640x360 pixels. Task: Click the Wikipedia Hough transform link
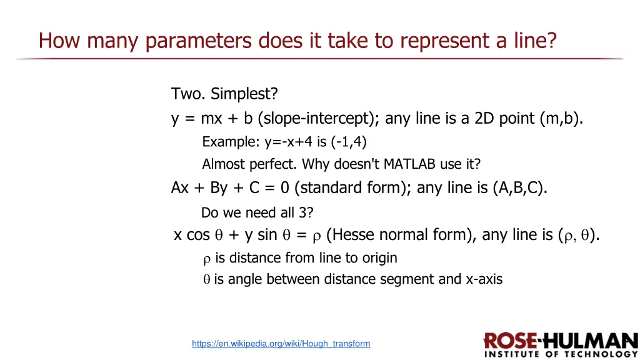coord(281,344)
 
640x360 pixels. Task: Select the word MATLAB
coord(414,164)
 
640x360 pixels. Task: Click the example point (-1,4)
coord(349,142)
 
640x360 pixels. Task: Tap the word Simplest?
coord(244,94)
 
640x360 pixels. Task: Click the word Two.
coord(187,94)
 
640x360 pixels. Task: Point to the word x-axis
coord(484,279)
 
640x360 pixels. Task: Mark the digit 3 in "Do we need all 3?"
coord(303,212)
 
